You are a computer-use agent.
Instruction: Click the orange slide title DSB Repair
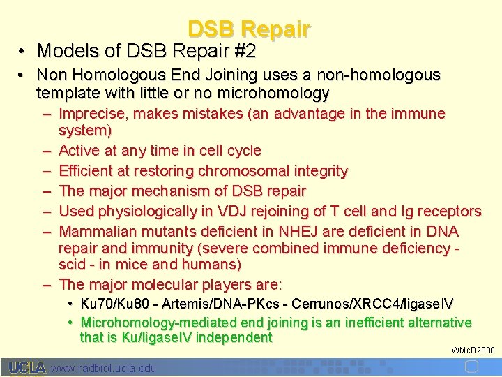click(249, 29)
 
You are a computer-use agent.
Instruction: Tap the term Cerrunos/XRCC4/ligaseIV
click(373, 304)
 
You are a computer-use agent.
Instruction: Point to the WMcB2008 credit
click(473, 350)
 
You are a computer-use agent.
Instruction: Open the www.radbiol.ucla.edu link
click(104, 368)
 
